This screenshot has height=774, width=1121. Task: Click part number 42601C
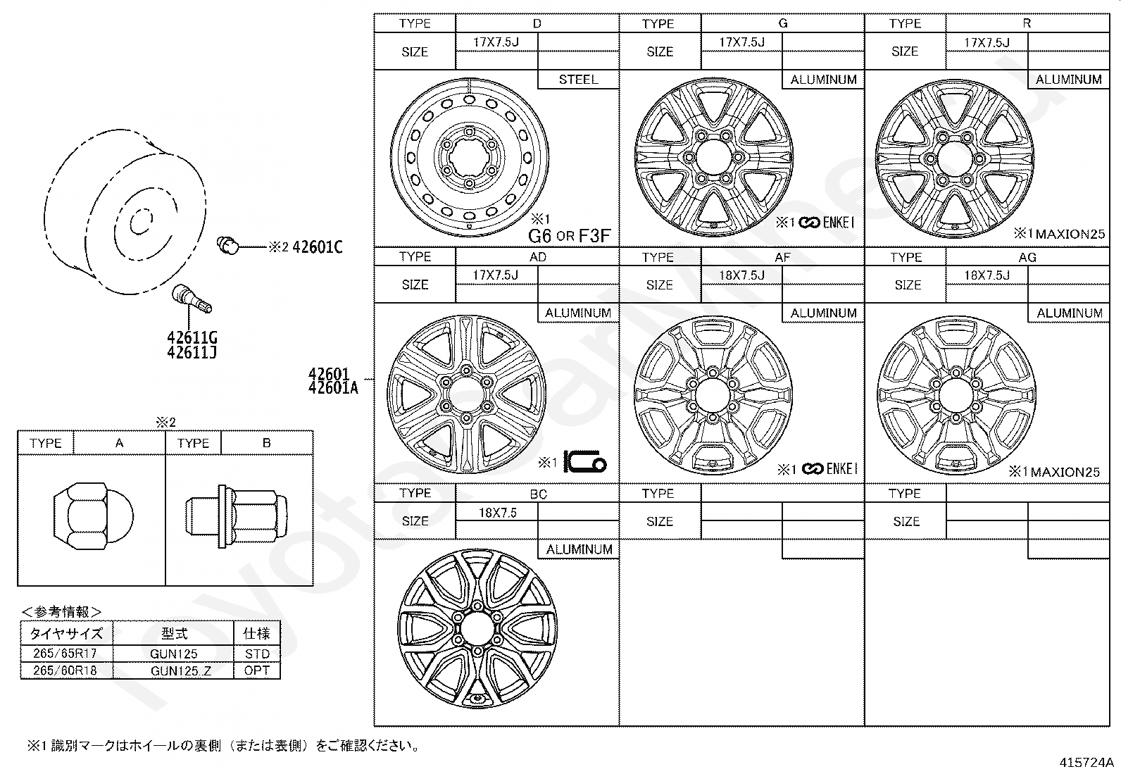click(317, 247)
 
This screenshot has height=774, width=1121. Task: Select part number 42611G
click(192, 338)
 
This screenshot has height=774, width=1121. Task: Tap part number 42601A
click(333, 387)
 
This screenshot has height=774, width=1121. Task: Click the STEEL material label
click(578, 80)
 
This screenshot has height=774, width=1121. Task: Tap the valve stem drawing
click(191, 299)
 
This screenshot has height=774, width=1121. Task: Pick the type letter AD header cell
click(537, 257)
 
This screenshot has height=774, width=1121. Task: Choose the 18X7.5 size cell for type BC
click(497, 513)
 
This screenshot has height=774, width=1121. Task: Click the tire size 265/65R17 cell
click(67, 654)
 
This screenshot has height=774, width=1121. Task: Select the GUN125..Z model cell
click(173, 670)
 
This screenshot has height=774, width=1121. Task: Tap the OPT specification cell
click(257, 670)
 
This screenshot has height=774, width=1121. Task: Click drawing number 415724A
click(1086, 762)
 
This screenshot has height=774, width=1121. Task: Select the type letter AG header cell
click(1027, 257)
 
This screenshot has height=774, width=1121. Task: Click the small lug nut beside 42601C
click(227, 246)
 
